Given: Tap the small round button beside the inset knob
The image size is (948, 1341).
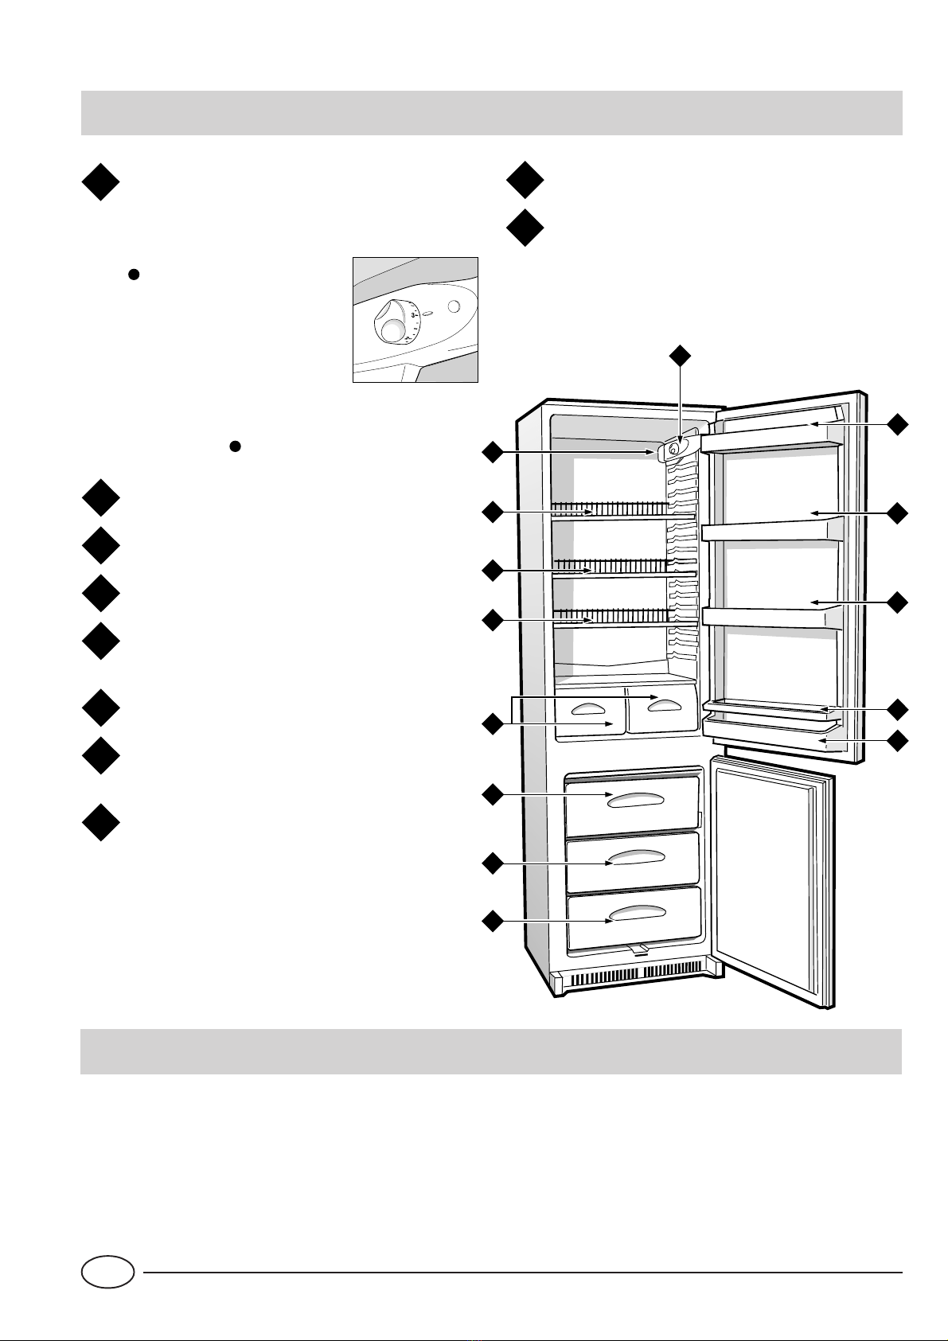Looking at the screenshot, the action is pos(454,306).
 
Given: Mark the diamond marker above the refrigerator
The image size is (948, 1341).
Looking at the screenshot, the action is pos(679,356).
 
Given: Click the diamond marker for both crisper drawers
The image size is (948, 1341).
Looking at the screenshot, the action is pos(493,724).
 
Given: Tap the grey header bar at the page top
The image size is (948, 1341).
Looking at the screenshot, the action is pos(491,113).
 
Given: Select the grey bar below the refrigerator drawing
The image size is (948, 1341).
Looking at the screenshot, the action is pos(491,1051).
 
